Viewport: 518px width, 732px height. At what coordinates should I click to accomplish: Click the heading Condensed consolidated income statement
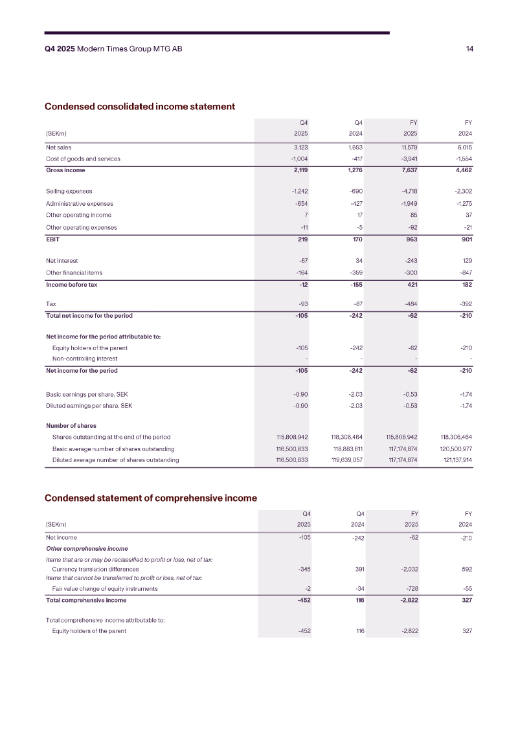pyautogui.click(x=139, y=106)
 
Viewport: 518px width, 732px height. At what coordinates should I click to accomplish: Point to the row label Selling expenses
pyautogui.click(x=69, y=192)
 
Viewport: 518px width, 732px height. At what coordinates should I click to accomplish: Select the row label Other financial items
pyautogui.click(x=74, y=273)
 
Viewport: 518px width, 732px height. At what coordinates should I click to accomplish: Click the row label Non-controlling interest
pyautogui.click(x=85, y=359)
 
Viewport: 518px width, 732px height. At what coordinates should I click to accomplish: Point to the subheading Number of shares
pyautogui.click(x=71, y=426)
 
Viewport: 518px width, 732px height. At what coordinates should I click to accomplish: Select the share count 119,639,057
pyautogui.click(x=346, y=460)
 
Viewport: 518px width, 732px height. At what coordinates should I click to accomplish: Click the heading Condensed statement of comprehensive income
pyautogui.click(x=150, y=498)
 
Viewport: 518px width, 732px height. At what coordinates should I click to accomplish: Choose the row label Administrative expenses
pyautogui.click(x=80, y=204)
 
